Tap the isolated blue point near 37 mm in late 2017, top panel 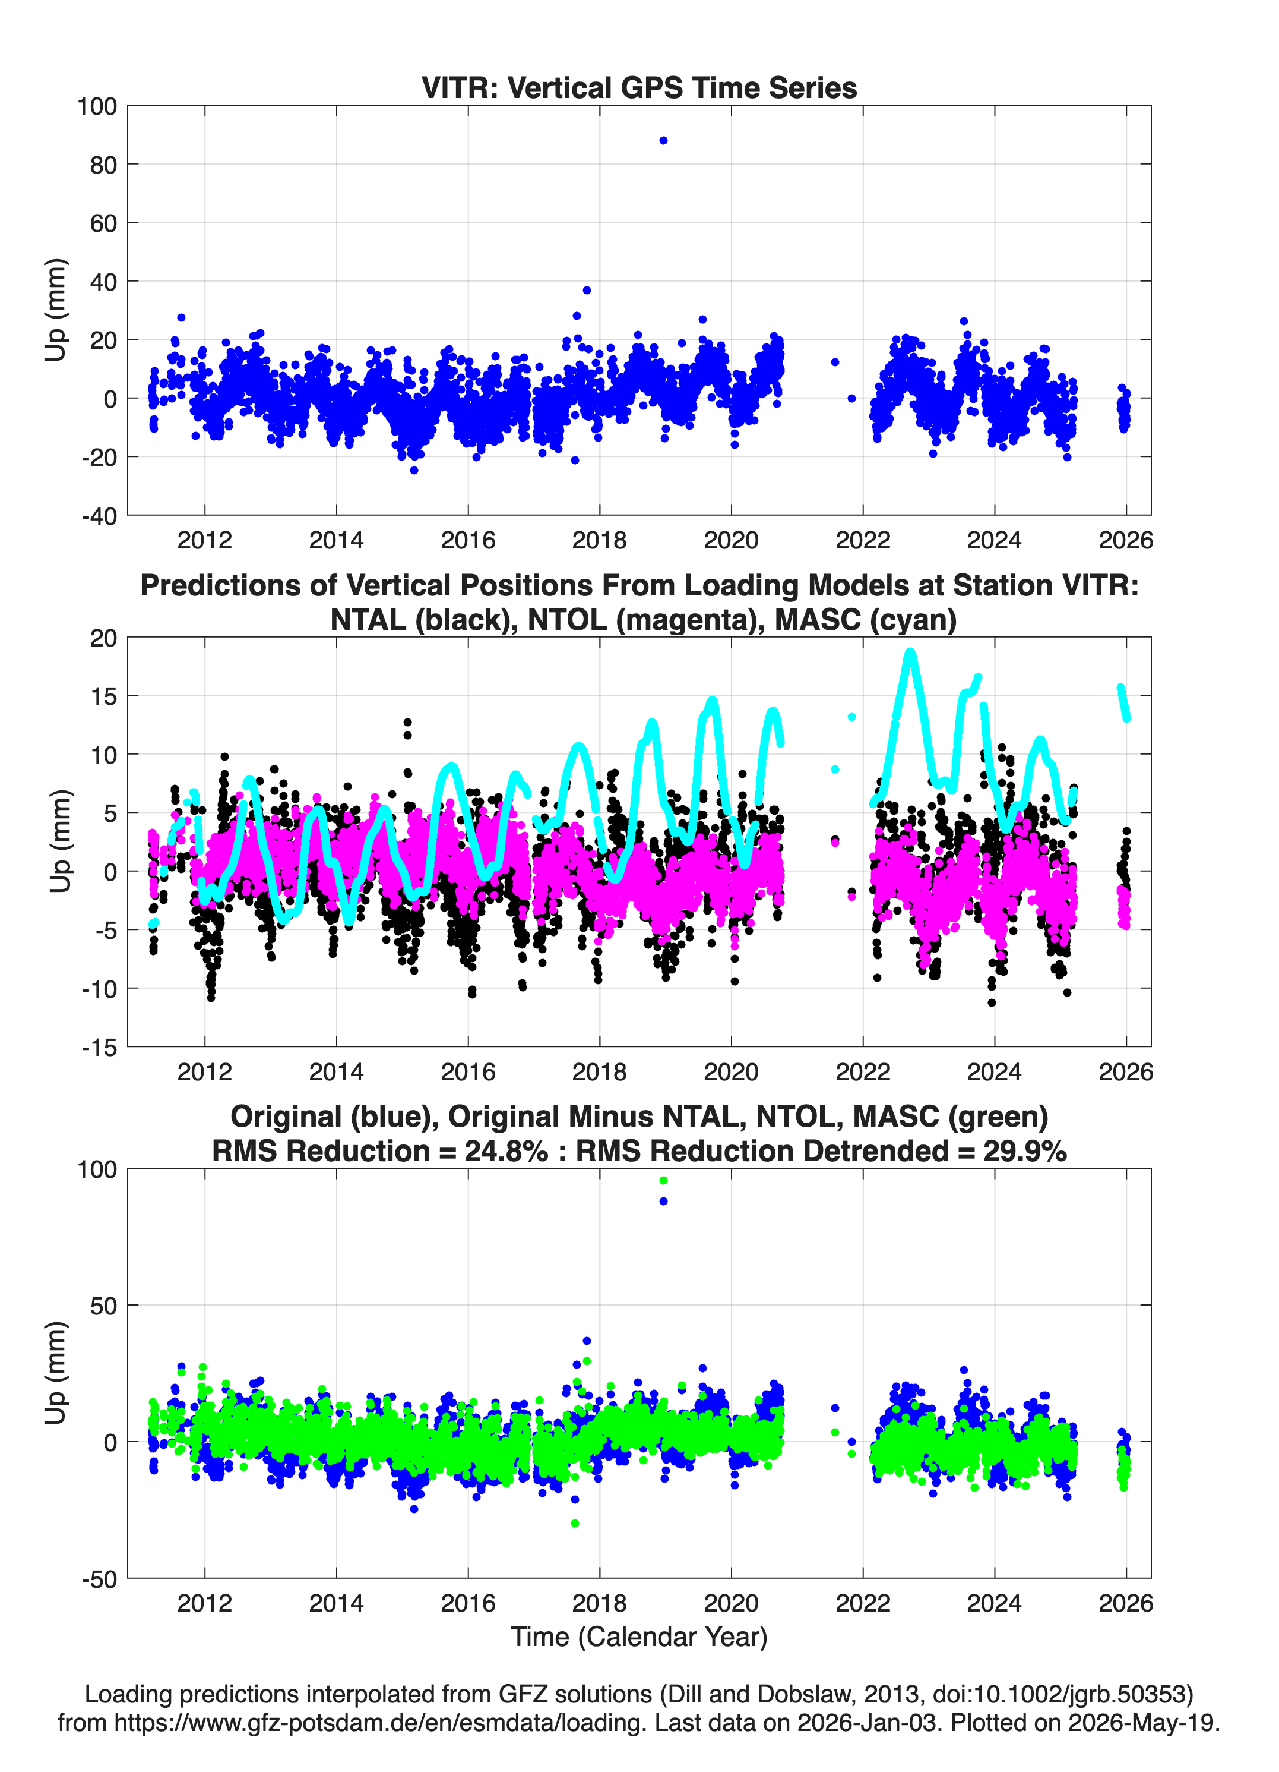point(587,290)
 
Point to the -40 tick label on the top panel point(99,516)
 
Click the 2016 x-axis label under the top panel point(468,540)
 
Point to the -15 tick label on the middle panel point(99,1047)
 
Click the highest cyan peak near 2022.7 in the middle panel point(910,653)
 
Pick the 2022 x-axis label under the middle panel point(863,1071)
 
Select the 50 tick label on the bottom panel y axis point(103,1306)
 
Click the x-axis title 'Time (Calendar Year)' point(639,1636)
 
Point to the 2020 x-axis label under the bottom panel point(732,1603)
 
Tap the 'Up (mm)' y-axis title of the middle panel point(59,841)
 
